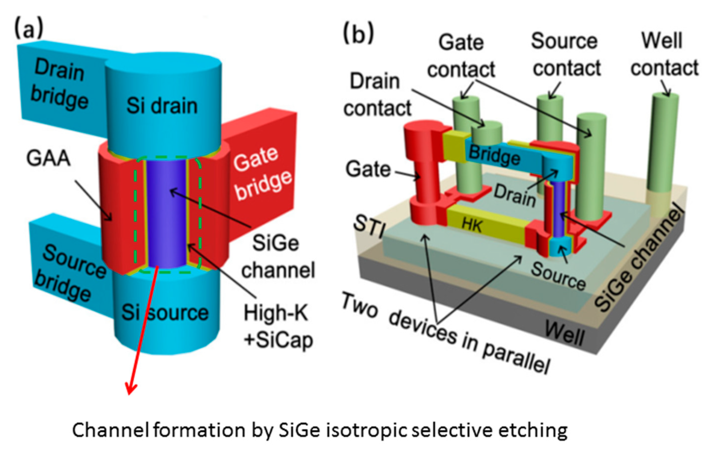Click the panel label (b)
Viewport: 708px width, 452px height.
(358, 34)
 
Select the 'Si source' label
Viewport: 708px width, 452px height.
(165, 312)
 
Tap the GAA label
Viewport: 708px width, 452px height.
(48, 159)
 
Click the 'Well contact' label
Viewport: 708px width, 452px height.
(664, 54)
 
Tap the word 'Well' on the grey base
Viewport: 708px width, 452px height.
(564, 333)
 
